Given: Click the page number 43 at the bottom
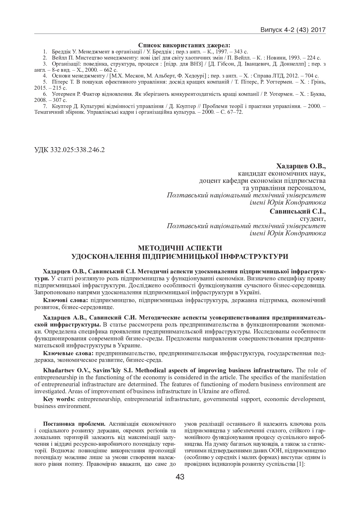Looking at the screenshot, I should tap(180, 477).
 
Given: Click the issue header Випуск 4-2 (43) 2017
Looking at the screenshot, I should tap(293, 30).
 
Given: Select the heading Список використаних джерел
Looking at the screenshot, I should tap(184, 45).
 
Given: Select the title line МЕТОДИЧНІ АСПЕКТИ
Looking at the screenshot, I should tap(180, 248).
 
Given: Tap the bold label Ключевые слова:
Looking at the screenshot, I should tap(68, 353).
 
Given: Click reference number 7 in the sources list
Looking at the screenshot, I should tap(44, 106).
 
